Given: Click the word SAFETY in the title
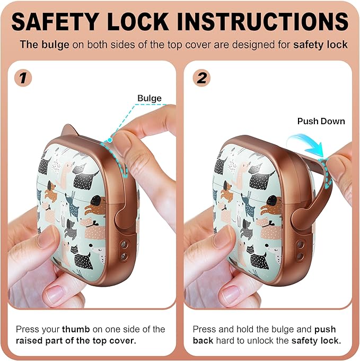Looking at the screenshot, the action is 56,21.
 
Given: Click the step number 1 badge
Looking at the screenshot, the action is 23,78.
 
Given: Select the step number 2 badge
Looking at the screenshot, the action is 201,78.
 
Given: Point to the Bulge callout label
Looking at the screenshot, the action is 150,98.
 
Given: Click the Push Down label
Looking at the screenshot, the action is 321,121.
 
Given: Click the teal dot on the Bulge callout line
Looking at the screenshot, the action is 110,140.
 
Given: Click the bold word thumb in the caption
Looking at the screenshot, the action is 76,329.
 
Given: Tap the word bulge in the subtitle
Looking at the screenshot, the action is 55,45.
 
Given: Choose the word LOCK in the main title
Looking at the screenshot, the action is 138,21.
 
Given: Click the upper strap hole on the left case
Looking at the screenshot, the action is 124,244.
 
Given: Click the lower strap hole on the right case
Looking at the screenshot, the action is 301,256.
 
